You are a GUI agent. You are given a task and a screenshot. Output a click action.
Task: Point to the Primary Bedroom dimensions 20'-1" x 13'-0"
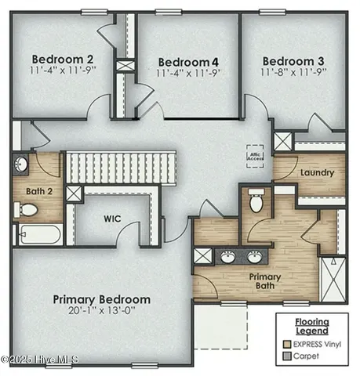tap(102, 312)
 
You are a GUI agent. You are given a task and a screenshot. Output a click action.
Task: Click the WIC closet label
tap(111, 219)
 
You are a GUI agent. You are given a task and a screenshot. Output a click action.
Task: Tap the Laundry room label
tap(317, 172)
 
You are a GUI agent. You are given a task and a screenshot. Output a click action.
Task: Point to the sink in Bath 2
tap(21, 164)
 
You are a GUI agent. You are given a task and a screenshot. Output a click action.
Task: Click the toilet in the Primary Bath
tap(256, 201)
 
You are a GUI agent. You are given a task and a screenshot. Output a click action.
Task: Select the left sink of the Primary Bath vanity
tap(227, 256)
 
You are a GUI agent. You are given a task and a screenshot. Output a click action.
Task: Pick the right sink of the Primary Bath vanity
tap(255, 256)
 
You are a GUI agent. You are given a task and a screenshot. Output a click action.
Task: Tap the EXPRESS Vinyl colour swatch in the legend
tap(287, 342)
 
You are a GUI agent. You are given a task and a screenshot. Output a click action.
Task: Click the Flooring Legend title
tap(311, 326)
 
